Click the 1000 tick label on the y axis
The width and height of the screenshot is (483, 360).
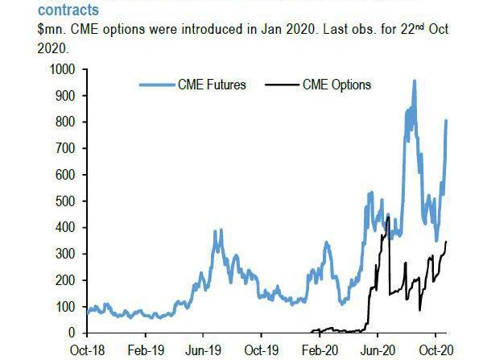point(63,70)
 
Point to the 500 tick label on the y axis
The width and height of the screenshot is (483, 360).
point(66,201)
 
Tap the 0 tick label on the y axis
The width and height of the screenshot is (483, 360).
point(72,333)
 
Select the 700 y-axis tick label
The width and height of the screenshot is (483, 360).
point(66,149)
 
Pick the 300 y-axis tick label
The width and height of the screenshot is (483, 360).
point(66,254)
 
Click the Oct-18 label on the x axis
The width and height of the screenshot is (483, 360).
point(88,350)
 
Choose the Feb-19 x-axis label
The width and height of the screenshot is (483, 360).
point(145,350)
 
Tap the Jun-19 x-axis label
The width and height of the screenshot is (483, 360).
point(204,350)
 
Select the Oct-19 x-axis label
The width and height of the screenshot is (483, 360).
point(261,350)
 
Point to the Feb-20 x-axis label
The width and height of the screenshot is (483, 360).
point(320,350)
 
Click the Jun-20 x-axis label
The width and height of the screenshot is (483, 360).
point(378,350)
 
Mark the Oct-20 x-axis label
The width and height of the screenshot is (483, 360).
point(436,350)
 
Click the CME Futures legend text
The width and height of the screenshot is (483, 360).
point(211,84)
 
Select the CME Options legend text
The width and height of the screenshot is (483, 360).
point(337,84)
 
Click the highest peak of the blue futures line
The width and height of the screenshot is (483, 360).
point(414,81)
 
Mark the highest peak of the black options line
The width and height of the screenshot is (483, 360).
point(388,217)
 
